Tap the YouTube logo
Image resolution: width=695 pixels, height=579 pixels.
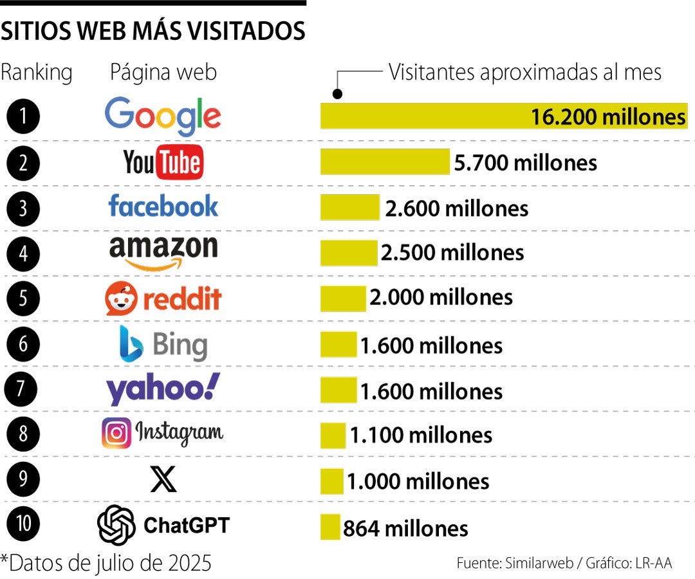click(x=163, y=162)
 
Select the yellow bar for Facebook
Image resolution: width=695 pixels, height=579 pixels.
click(x=350, y=208)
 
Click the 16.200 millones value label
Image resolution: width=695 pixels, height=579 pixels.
click(x=608, y=117)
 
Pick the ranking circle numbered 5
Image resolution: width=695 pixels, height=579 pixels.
click(x=23, y=299)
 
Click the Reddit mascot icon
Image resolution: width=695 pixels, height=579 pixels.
click(x=121, y=299)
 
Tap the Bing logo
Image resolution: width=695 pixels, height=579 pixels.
click(x=163, y=344)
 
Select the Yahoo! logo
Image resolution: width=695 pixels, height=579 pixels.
click(x=163, y=389)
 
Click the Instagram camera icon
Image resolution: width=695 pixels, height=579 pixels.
click(x=116, y=433)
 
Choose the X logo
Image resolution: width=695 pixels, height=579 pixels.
click(x=163, y=479)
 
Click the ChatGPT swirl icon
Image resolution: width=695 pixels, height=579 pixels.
click(x=116, y=525)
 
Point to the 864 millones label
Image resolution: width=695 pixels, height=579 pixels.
click(x=405, y=529)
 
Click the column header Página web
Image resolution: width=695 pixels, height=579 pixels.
click(x=163, y=72)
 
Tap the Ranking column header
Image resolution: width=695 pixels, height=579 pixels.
click(x=36, y=72)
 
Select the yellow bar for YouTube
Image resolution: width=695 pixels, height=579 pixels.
click(x=385, y=162)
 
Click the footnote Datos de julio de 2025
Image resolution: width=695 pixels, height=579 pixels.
click(x=106, y=564)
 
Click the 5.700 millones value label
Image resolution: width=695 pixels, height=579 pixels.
click(x=525, y=163)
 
